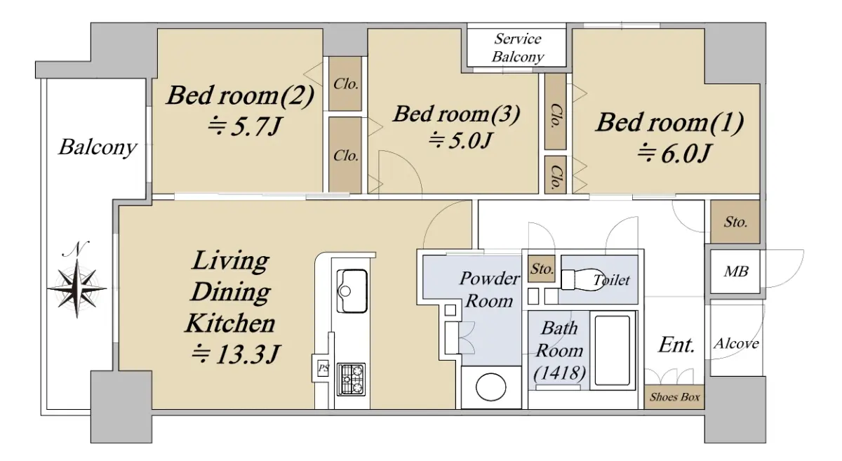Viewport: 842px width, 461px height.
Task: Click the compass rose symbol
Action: click(77, 288)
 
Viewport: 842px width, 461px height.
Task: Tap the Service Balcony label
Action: click(518, 48)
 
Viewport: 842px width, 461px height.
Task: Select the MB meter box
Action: click(735, 272)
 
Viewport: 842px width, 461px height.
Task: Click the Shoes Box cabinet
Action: click(674, 397)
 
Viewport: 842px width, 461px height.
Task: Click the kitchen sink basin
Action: click(352, 291)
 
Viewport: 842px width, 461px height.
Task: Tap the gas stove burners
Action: click(351, 379)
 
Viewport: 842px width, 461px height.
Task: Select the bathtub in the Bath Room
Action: click(613, 350)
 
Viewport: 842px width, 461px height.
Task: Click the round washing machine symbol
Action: click(491, 387)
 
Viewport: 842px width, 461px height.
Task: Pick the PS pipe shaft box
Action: click(323, 368)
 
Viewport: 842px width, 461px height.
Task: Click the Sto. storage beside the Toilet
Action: click(541, 269)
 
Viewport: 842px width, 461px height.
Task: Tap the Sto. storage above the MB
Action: click(735, 222)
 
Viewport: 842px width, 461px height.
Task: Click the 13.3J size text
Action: click(235, 354)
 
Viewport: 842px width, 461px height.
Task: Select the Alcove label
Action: click(736, 343)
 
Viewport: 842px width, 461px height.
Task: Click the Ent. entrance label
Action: click(676, 345)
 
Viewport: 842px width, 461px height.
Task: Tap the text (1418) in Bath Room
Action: click(560, 373)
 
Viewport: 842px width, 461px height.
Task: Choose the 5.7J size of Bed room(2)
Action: click(244, 127)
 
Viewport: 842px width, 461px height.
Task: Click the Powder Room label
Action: click(490, 290)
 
